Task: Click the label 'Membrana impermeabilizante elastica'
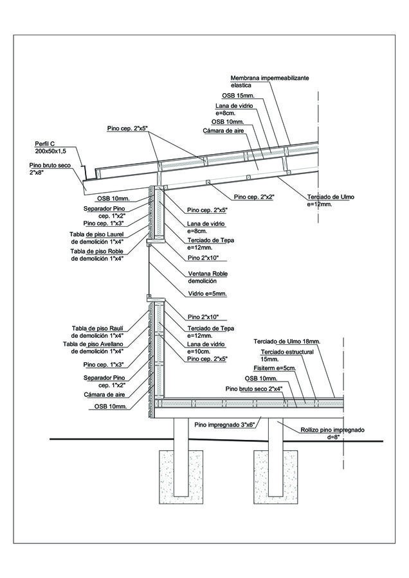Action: (269, 81)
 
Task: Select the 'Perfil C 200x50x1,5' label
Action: (50, 146)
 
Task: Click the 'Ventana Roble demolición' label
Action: (208, 277)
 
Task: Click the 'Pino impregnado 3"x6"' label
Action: (226, 425)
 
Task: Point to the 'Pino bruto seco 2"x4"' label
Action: (254, 389)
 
